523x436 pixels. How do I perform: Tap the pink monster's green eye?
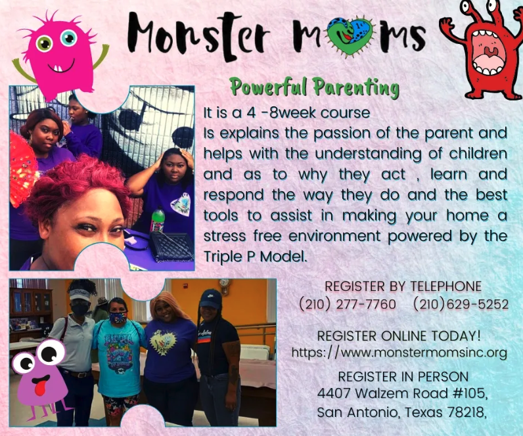coord(44,43)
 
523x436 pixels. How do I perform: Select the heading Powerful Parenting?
coord(315,88)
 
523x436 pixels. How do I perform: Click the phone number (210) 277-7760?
coord(348,304)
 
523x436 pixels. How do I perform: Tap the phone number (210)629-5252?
coord(461,304)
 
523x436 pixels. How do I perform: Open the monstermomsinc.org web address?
coord(399,353)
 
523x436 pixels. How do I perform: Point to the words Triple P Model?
coord(254,256)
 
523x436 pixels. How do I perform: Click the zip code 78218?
coord(466,412)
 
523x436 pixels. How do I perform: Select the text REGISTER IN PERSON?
coord(403,377)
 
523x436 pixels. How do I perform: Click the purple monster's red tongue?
coord(40,387)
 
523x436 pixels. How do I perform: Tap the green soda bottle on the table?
coord(158,220)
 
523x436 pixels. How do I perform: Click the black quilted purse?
coord(171,246)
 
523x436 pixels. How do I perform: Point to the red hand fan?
coord(22,167)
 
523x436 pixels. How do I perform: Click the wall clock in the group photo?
coord(225,285)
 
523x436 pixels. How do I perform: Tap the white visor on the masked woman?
coord(80,295)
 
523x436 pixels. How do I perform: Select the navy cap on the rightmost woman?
coord(211,299)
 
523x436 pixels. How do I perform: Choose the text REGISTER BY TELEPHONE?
coord(403,286)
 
